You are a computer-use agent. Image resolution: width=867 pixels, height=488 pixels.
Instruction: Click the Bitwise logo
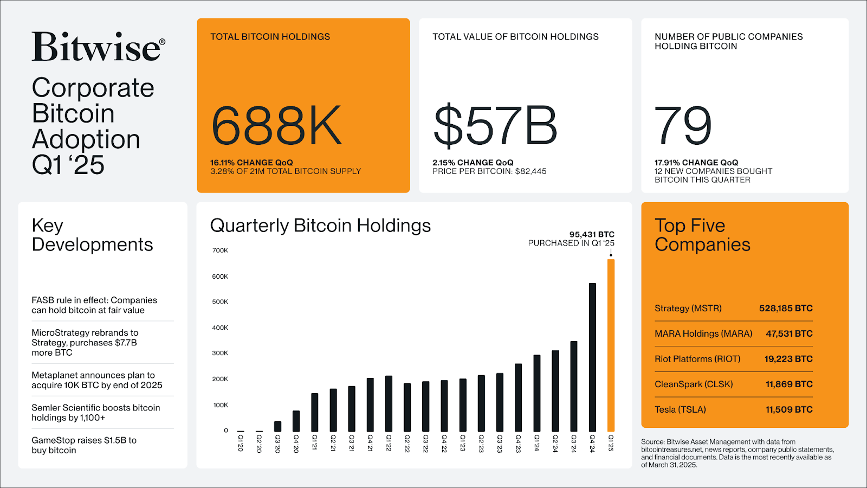98,47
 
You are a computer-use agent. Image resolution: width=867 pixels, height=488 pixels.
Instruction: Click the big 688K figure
276,126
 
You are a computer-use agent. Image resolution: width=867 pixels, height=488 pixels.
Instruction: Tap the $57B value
495,126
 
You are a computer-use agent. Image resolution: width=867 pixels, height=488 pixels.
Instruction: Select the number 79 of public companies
683,126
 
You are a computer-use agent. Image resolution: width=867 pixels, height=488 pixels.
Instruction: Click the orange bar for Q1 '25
611,345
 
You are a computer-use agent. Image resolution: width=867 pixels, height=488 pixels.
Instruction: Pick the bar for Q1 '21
315,412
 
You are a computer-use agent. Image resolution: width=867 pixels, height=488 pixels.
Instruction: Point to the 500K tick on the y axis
220,302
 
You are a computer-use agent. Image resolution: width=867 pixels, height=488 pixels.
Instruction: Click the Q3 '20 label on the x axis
278,443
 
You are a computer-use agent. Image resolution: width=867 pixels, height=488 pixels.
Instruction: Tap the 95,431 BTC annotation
592,235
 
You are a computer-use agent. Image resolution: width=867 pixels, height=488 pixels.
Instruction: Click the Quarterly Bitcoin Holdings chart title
320,226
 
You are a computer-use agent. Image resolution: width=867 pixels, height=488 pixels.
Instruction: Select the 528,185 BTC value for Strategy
786,309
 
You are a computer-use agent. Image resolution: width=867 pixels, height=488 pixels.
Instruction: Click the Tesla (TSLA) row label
680,410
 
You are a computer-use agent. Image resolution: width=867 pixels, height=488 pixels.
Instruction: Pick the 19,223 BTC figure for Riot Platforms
788,359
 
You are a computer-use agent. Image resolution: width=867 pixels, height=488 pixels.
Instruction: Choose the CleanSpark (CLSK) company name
694,384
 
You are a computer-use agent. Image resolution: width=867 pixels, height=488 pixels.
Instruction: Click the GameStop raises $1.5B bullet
84,445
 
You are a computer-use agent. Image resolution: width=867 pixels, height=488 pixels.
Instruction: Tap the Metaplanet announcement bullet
96,380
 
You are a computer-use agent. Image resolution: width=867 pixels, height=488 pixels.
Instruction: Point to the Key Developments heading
92,235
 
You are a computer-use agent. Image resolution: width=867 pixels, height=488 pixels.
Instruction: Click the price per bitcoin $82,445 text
489,171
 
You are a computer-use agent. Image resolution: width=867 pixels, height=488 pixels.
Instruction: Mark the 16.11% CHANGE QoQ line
251,163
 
